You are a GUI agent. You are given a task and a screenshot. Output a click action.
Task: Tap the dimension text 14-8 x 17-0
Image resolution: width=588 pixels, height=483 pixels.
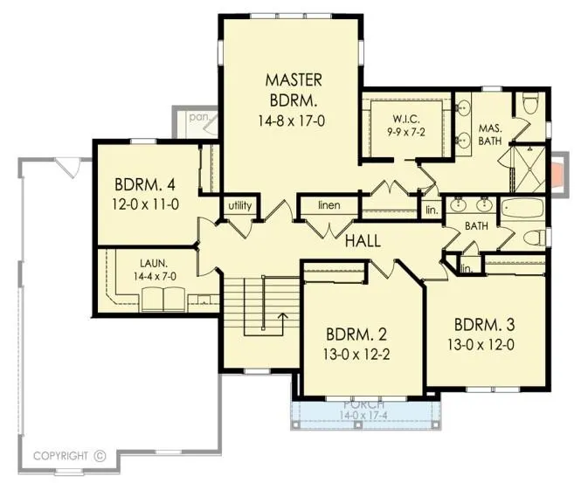tap(291, 121)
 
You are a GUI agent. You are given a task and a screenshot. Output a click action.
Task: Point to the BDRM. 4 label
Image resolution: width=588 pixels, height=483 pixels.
tap(145, 185)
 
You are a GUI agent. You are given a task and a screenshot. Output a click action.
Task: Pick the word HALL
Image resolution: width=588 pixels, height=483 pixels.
tap(363, 241)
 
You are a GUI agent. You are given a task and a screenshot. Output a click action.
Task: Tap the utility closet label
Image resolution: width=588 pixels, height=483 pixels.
tap(240, 205)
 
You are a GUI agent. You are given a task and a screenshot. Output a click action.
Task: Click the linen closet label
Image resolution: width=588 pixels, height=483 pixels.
tap(329, 205)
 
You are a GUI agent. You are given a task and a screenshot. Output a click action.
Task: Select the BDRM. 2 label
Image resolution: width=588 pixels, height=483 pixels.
tap(356, 335)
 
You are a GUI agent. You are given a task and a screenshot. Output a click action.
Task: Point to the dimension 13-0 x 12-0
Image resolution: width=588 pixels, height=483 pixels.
tap(481, 345)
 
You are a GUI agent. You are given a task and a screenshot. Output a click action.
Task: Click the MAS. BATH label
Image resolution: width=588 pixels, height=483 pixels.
tap(490, 135)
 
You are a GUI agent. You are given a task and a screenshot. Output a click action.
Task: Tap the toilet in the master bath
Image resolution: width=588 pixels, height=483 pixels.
tap(530, 103)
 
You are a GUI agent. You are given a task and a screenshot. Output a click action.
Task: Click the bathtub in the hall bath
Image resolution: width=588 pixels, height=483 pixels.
tap(522, 210)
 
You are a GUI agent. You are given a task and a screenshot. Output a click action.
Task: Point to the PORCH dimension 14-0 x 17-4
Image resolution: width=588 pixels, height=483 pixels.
tap(363, 416)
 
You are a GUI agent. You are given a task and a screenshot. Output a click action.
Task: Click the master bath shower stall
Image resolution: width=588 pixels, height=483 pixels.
tap(529, 169)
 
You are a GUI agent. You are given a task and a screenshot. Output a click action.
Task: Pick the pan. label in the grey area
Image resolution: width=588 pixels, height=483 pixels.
tap(198, 117)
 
